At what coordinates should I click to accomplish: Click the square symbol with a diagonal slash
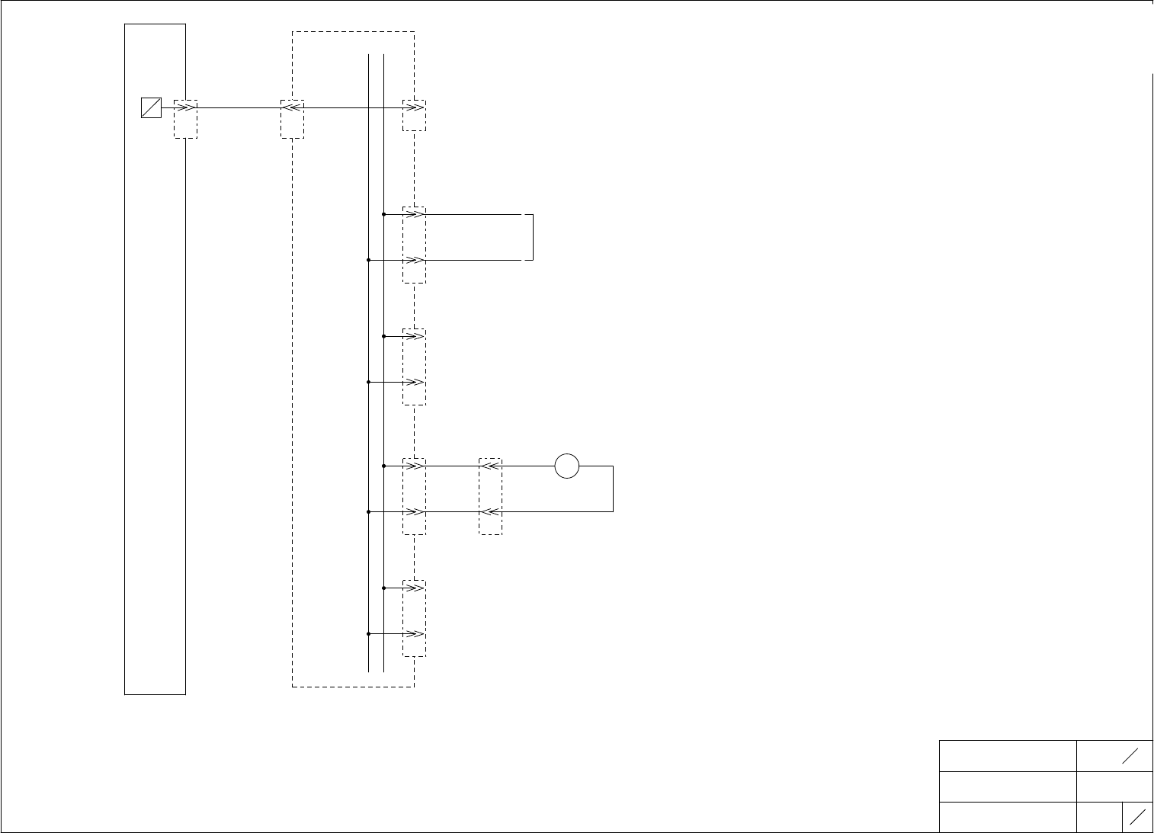[151, 108]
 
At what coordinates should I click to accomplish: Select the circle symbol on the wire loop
[567, 466]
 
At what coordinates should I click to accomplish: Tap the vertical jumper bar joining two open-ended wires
[532, 237]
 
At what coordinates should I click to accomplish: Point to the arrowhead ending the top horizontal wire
[414, 108]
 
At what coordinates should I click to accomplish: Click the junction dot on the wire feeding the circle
[383, 466]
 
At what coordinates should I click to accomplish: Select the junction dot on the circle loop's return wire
[368, 511]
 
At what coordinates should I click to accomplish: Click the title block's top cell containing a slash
[1114, 755]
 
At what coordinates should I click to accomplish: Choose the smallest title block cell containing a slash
[1137, 817]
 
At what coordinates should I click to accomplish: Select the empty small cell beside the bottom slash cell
[1099, 817]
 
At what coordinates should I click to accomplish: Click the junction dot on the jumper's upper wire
[383, 214]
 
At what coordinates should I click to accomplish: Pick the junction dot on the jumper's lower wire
[368, 260]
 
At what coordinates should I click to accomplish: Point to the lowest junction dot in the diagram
[368, 633]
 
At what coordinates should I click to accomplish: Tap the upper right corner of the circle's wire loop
[613, 466]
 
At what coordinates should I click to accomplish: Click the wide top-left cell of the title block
[1008, 755]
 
